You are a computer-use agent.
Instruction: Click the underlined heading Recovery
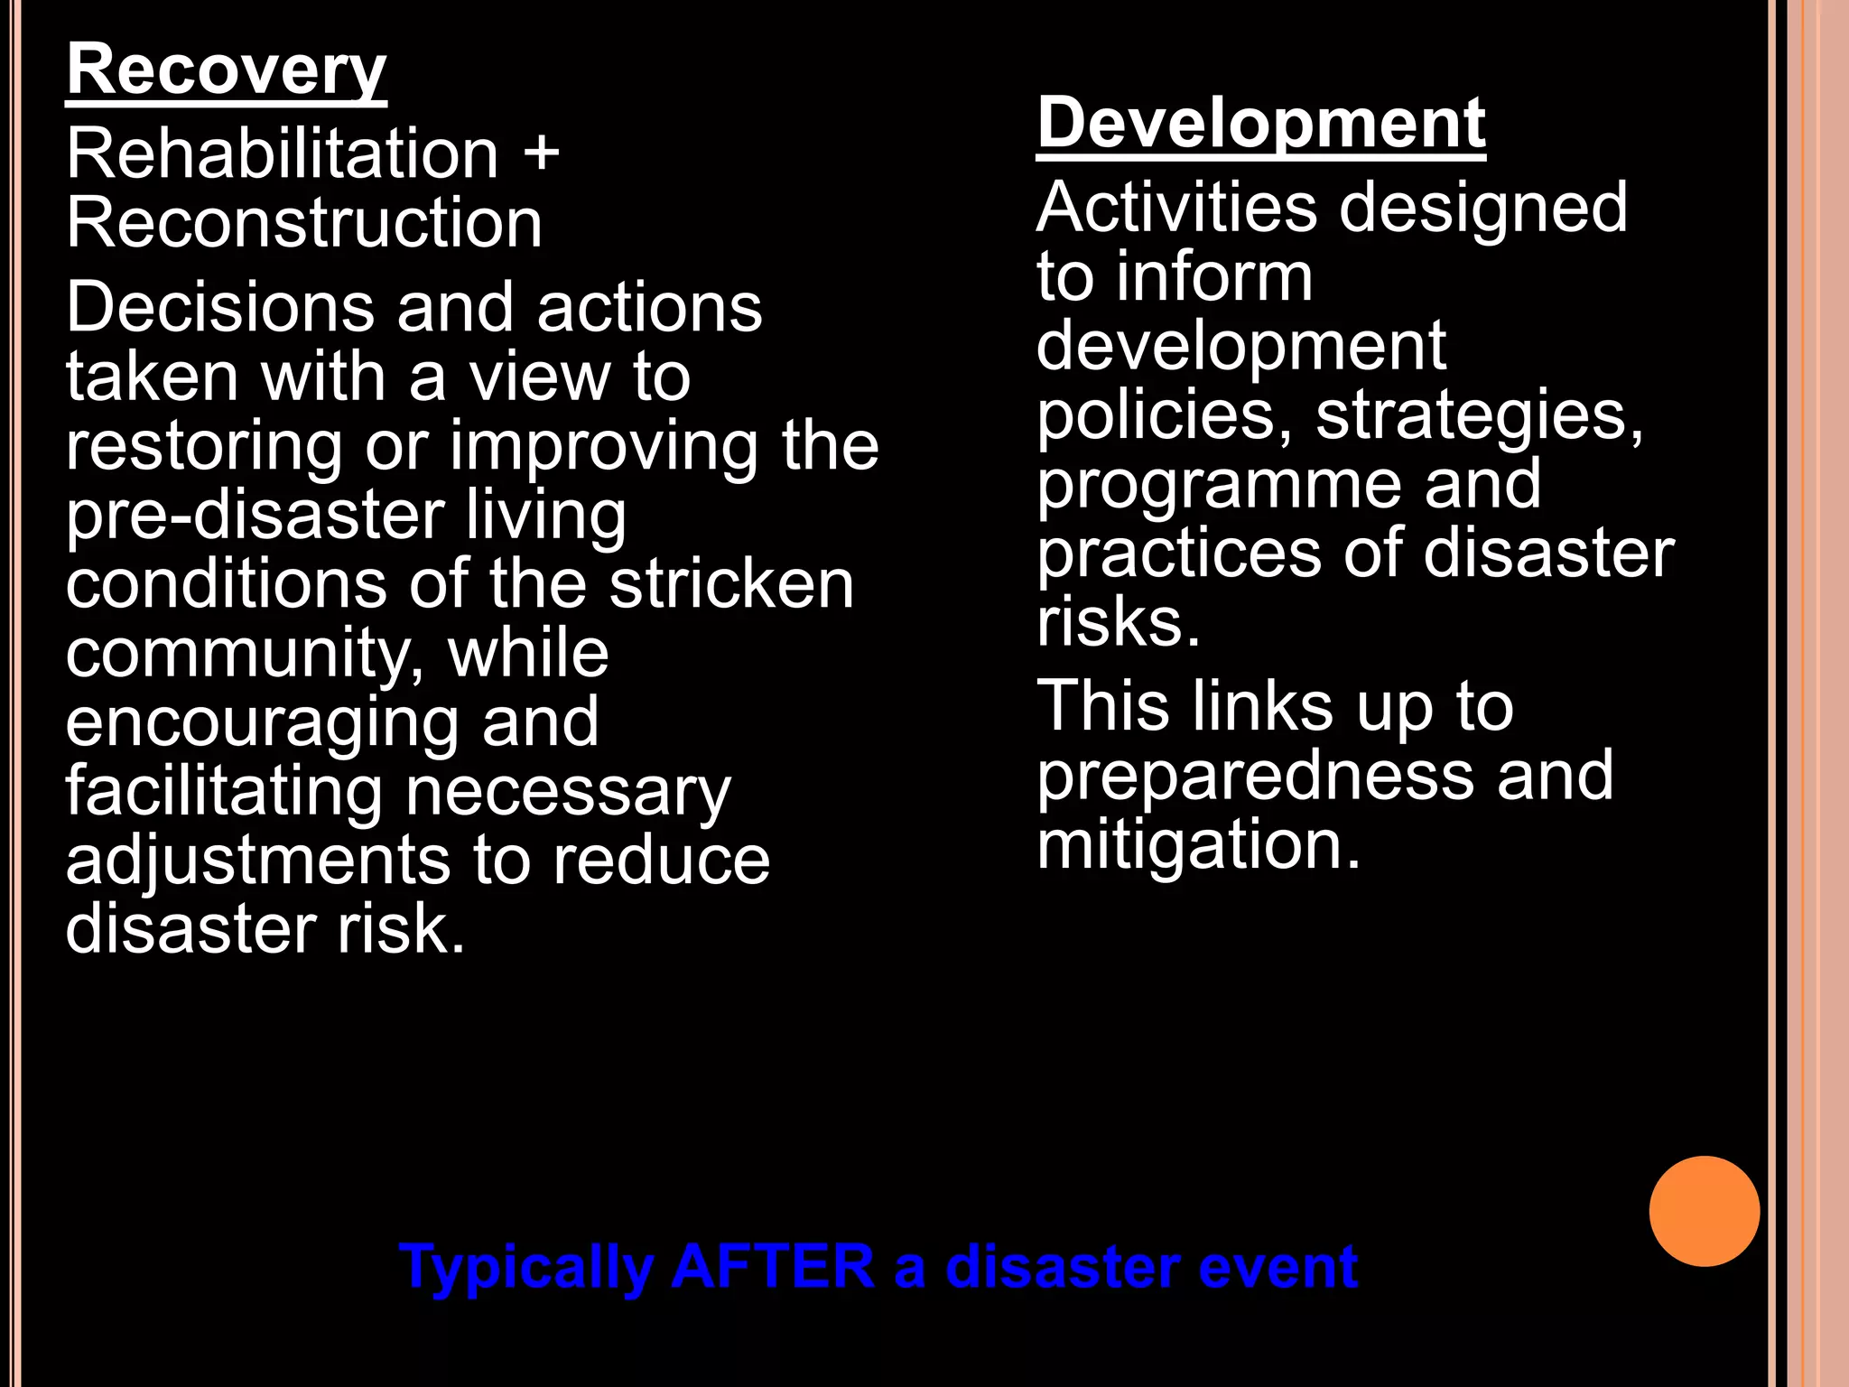point(226,72)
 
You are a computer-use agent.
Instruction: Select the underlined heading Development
point(1260,125)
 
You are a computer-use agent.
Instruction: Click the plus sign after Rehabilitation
point(541,152)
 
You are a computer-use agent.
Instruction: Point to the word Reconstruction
point(304,223)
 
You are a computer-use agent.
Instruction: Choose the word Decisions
point(219,307)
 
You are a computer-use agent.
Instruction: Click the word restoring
point(204,447)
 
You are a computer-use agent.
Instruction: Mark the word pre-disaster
point(256,517)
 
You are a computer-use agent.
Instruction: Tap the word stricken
point(731,584)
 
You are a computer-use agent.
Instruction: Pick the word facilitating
point(224,792)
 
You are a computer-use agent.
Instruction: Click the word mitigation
point(1198,845)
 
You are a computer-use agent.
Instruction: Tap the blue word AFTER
point(773,1266)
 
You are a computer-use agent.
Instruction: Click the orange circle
point(1704,1211)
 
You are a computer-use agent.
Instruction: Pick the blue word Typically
point(526,1268)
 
